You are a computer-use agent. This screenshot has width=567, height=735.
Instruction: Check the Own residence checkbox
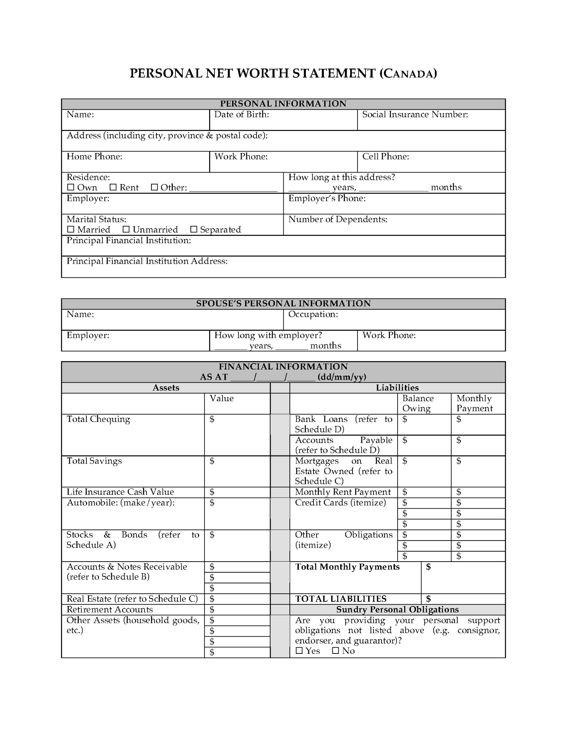(71, 188)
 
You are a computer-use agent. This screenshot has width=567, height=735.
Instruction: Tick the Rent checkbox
(113, 188)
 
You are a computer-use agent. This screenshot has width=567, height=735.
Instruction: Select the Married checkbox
(71, 230)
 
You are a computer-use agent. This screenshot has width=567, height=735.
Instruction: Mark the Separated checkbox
(193, 230)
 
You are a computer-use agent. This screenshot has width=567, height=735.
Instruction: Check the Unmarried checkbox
(126, 230)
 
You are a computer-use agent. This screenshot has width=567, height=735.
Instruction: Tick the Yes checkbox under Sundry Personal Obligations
(299, 651)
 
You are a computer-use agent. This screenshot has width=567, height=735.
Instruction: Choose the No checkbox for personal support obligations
(335, 651)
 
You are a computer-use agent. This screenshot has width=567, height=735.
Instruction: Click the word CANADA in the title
(408, 73)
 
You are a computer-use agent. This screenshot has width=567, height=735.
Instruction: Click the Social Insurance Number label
(415, 114)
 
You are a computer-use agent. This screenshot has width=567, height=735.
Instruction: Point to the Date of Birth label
(241, 114)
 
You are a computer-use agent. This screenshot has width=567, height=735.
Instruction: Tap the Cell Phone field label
(385, 157)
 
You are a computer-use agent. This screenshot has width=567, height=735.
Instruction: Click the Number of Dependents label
(338, 219)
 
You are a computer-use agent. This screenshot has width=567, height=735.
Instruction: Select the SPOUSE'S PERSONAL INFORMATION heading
(283, 304)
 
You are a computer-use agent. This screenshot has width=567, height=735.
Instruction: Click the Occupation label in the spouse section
(313, 314)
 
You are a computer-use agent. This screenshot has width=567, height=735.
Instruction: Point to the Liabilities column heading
(397, 388)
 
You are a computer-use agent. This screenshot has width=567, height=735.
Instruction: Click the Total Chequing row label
(98, 419)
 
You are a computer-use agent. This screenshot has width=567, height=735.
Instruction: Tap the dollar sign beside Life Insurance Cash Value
(212, 492)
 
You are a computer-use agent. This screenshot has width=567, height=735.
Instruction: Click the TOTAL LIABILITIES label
(341, 599)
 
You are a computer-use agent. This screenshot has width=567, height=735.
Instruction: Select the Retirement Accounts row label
(110, 609)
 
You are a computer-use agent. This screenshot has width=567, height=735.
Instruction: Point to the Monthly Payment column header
(474, 403)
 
